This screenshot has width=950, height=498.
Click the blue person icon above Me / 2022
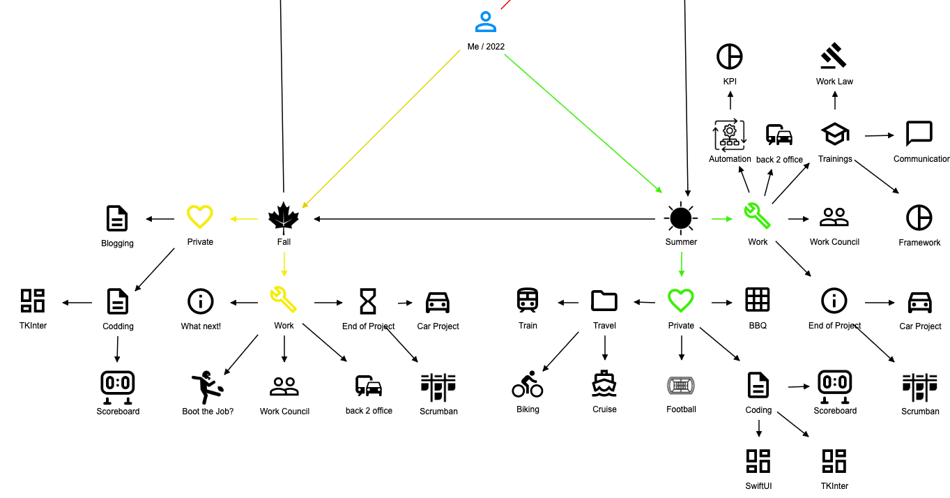[486, 22]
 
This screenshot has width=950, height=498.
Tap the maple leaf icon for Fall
[284, 218]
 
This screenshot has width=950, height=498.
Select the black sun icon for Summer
[681, 218]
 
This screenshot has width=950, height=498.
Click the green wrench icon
[758, 216]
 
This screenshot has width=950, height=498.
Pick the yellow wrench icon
[284, 300]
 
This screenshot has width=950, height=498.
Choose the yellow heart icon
[200, 217]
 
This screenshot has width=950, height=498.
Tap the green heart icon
[681, 301]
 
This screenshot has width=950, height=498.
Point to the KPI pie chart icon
[730, 56]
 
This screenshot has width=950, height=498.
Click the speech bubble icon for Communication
[919, 134]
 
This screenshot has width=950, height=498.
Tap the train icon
[528, 301]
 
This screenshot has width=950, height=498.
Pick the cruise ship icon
[604, 384]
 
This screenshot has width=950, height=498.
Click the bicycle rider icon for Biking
[528, 384]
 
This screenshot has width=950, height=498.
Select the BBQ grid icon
[758, 300]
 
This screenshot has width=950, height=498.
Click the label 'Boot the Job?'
[208, 412]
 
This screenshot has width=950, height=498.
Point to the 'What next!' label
[201, 326]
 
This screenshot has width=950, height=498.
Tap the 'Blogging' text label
[117, 243]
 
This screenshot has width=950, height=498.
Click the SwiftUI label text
[758, 486]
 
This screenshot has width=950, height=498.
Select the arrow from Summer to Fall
[488, 219]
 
